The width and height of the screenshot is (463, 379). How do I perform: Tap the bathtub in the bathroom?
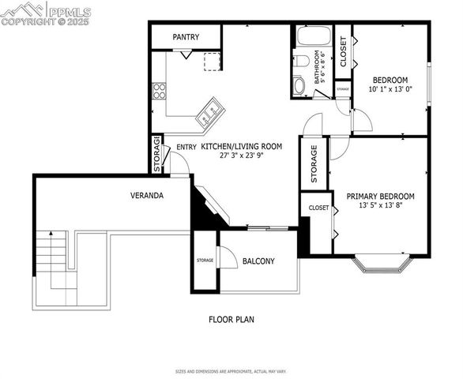[314, 36]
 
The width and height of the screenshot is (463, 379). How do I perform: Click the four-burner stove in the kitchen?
[159, 90]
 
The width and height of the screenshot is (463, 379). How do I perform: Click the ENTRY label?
[186, 147]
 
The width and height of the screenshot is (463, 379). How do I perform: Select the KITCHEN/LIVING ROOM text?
[241, 147]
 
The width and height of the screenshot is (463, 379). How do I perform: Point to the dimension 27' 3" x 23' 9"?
[241, 156]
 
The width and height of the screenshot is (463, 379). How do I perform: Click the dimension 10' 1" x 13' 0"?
[390, 89]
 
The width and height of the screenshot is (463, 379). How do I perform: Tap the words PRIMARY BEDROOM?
[380, 197]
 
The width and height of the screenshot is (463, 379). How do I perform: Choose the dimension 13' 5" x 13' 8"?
[380, 207]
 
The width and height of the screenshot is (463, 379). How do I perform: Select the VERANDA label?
[147, 194]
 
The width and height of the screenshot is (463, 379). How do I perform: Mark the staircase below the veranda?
[54, 261]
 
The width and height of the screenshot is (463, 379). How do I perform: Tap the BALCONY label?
[258, 261]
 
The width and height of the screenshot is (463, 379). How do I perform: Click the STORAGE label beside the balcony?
[205, 260]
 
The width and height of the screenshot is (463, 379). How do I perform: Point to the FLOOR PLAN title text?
[231, 320]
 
